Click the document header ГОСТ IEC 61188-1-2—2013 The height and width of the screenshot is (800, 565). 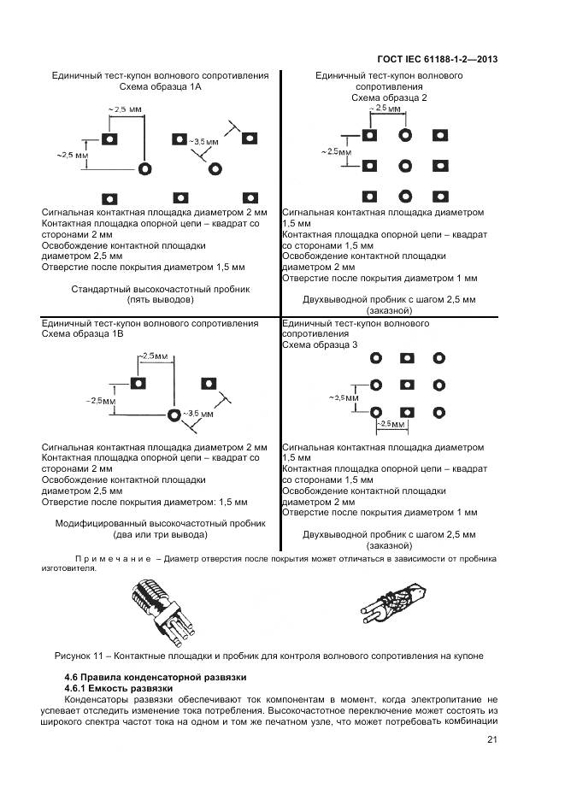point(437,60)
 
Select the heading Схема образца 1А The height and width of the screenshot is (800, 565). point(155,87)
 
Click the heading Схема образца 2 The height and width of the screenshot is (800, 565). point(388,97)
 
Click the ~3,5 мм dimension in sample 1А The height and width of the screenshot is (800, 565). point(205,141)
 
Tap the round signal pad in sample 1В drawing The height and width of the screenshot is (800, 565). point(174,415)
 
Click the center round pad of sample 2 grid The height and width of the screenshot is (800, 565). point(404,165)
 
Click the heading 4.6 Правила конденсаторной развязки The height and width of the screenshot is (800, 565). point(156,677)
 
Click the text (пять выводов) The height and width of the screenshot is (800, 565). point(161,300)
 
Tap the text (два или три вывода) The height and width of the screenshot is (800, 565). point(161,534)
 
